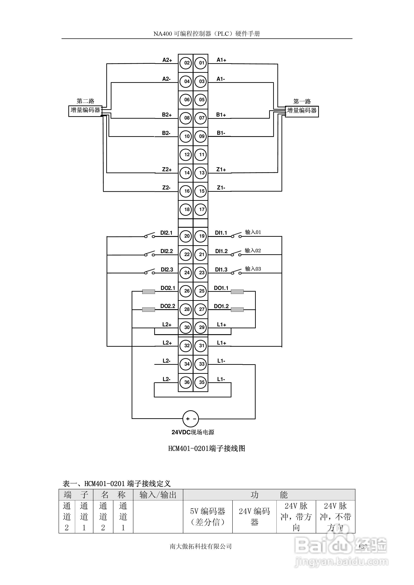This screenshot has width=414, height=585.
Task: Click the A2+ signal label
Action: point(167,60)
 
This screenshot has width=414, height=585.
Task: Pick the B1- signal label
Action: point(221,133)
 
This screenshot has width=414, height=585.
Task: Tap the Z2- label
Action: point(166,188)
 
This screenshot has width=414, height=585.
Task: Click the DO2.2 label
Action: point(168,306)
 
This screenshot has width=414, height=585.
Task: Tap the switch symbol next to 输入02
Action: point(236,254)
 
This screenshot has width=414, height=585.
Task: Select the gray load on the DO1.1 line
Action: point(237,292)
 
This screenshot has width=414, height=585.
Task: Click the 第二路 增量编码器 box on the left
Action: point(85,111)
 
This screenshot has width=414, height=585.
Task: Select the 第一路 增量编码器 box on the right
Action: point(302,111)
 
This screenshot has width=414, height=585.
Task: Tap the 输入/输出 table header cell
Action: point(158,495)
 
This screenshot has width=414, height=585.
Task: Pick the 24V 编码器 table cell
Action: point(254,517)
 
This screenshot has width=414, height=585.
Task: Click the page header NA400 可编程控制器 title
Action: point(207,34)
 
